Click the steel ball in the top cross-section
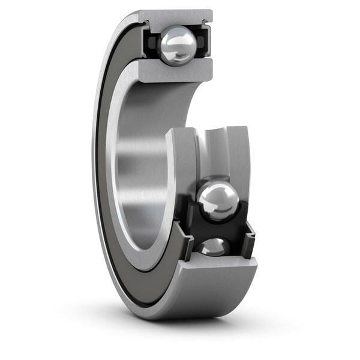click(x=178, y=46)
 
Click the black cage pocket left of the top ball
click(x=151, y=43)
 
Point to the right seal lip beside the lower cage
click(x=248, y=239)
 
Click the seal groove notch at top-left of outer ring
click(x=145, y=23)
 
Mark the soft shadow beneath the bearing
click(x=198, y=327)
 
